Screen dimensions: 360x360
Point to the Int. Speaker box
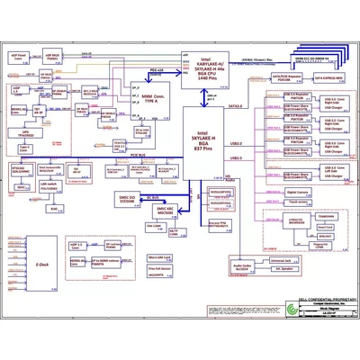coord(306,270)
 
